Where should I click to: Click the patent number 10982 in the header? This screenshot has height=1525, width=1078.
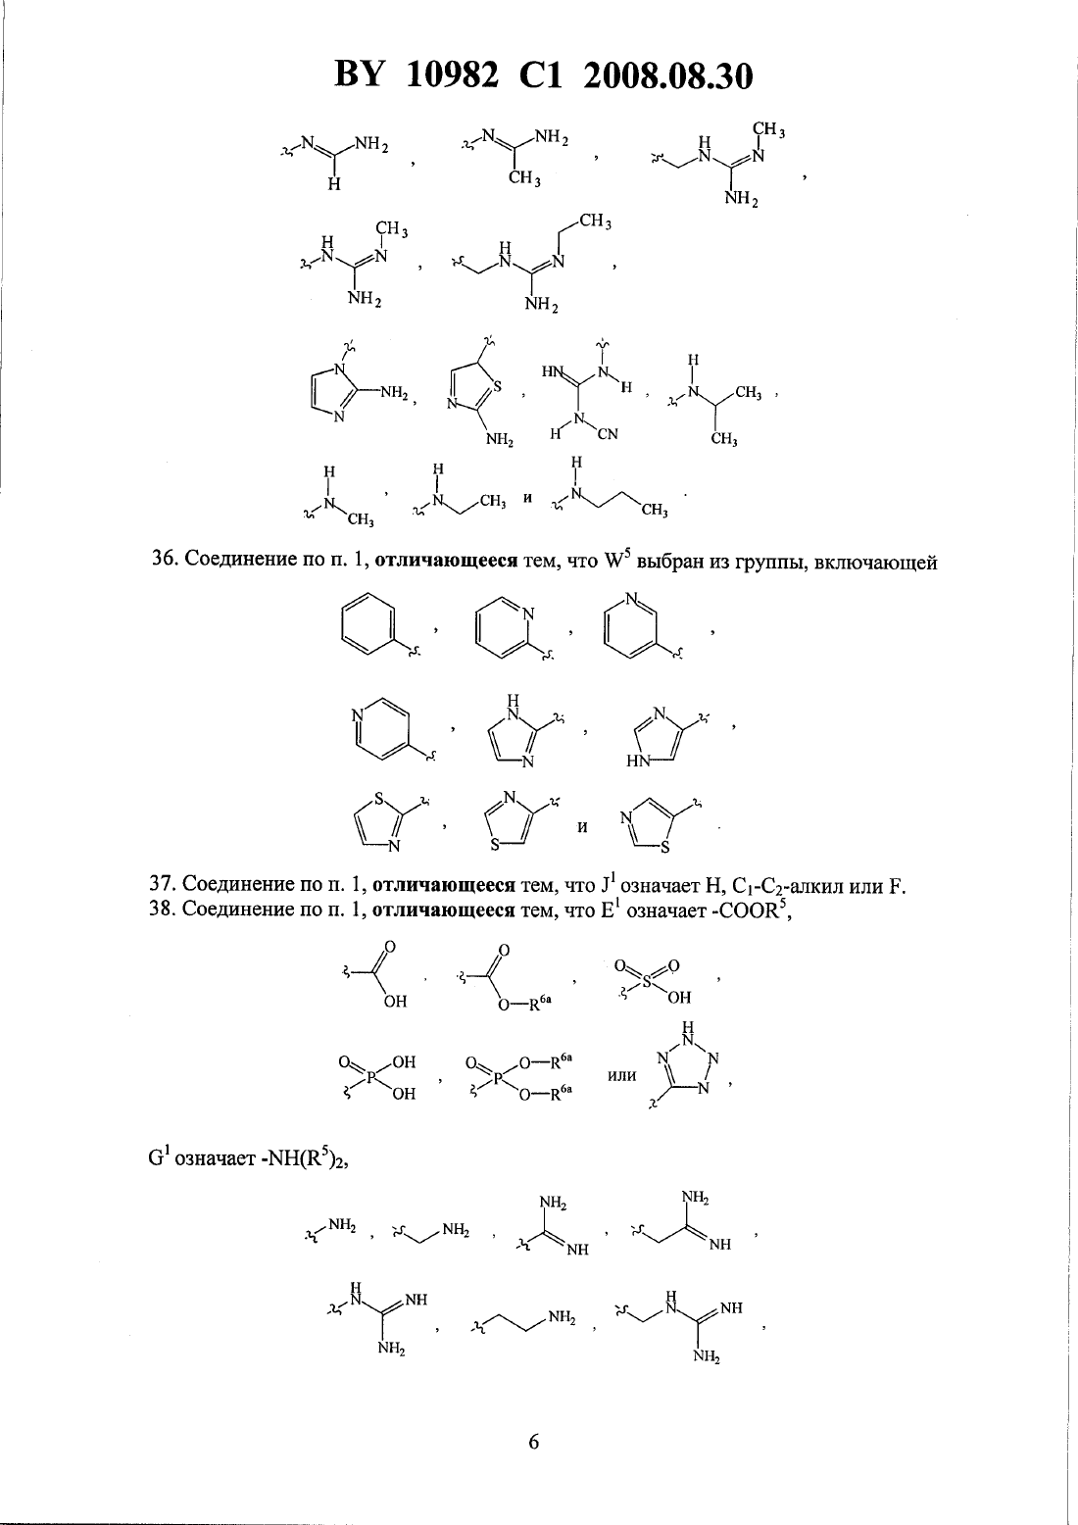pyautogui.click(x=452, y=76)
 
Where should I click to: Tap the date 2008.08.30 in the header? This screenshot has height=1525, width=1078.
pyautogui.click(x=668, y=76)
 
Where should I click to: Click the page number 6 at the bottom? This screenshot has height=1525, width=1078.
pyautogui.click(x=533, y=1442)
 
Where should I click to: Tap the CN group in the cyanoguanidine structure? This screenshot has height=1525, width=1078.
pyautogui.click(x=608, y=433)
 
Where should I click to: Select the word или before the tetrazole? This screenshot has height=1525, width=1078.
pyautogui.click(x=622, y=1076)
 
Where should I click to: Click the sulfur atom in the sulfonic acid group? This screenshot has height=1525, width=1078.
pyautogui.click(x=646, y=981)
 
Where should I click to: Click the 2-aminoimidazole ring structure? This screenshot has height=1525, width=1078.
pyautogui.click(x=337, y=392)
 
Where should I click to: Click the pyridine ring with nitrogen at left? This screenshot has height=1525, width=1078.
pyautogui.click(x=381, y=728)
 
